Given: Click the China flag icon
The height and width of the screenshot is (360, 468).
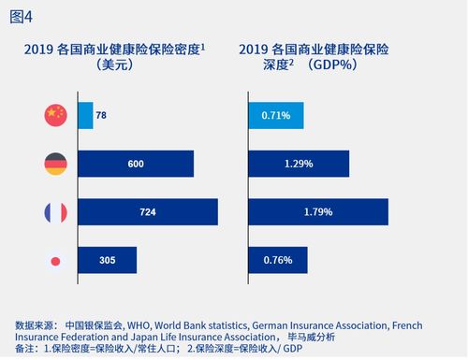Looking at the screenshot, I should (x=55, y=115).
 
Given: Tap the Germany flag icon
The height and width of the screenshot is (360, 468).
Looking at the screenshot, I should (x=55, y=164).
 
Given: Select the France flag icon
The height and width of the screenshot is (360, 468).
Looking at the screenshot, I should (x=55, y=212).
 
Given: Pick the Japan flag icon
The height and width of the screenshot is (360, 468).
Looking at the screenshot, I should (x=55, y=261).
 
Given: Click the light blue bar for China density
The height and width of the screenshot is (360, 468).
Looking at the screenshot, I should (x=85, y=115).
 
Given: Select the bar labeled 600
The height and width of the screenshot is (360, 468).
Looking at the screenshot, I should (x=136, y=164).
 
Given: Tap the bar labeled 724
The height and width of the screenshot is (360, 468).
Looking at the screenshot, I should (x=148, y=212).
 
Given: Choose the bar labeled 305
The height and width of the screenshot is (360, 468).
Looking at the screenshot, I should (x=108, y=261).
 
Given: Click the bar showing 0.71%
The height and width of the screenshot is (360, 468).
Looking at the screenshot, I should (x=276, y=115).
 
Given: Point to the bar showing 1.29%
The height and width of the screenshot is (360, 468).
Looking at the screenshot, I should (x=299, y=164).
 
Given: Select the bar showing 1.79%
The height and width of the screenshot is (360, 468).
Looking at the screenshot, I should (x=319, y=212).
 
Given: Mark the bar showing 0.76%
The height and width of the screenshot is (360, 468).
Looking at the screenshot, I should (x=278, y=261).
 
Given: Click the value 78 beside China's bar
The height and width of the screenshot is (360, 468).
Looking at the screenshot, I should (x=102, y=115).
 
